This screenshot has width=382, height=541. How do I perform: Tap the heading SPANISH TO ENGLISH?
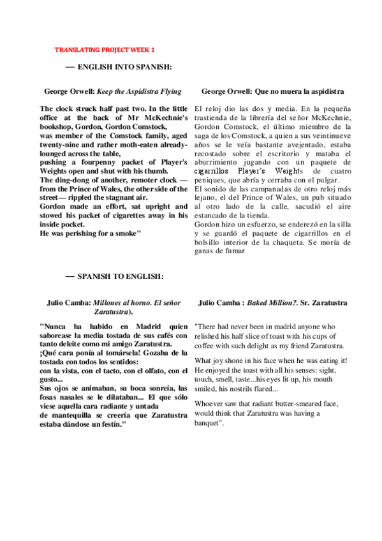[x=121, y=276]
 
